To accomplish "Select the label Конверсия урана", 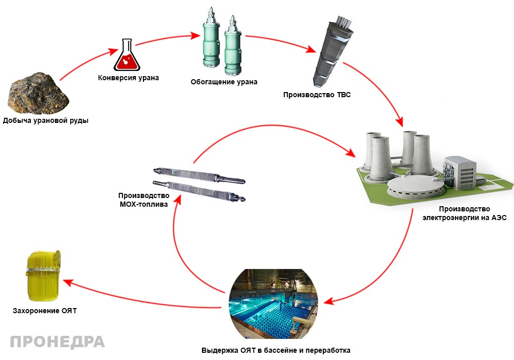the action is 128,78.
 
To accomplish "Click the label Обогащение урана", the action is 224,82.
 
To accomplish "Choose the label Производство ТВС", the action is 317,95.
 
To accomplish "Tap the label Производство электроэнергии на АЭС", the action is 465,213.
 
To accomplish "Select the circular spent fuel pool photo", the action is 274,304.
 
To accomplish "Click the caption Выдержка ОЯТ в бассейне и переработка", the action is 276,350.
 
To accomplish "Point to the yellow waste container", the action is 43,276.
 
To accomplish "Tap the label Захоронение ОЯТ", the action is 45,311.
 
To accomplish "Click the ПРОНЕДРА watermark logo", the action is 58,342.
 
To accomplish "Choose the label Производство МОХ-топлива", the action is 143,200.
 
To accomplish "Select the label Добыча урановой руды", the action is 46,120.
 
